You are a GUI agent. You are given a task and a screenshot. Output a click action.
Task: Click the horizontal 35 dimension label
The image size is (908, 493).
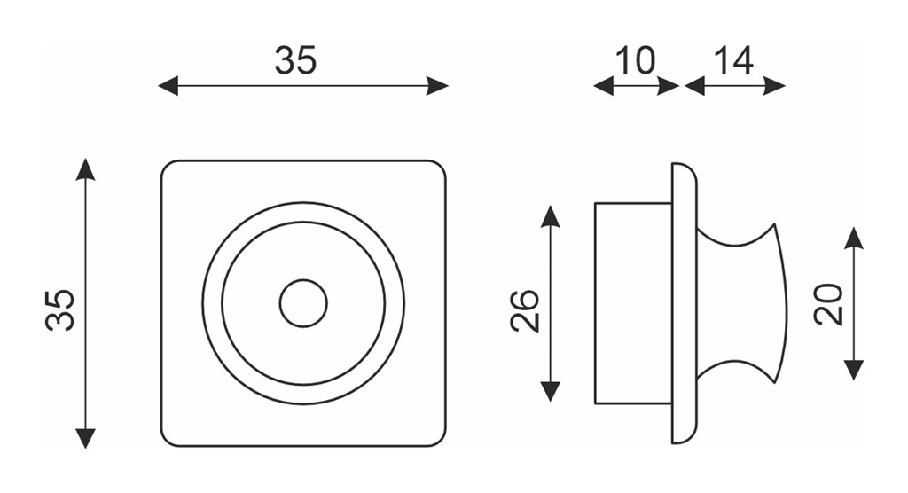tap(295, 60)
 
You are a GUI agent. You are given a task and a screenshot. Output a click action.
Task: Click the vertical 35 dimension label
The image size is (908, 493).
tap(60, 310)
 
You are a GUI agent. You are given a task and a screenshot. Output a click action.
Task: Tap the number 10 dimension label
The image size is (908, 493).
tap(635, 60)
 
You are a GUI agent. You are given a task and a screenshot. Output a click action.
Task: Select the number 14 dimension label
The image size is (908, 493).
tap(733, 60)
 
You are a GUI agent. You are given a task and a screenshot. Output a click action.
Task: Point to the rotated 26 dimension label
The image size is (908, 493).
tap(525, 310)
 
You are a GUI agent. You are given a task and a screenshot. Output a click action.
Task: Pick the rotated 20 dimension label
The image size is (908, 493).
tap(829, 304)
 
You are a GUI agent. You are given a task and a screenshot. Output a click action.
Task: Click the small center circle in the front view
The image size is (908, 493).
tap(303, 303)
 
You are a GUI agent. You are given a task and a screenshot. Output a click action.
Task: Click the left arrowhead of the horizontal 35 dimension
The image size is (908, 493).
tap(168, 86)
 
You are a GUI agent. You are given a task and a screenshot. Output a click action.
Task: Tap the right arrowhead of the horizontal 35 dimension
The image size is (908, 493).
tap(438, 86)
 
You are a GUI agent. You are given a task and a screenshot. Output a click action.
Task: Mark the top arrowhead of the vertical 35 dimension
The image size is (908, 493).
tap(85, 168)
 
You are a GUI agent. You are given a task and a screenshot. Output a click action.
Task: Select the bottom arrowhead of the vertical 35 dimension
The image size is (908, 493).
tap(85, 438)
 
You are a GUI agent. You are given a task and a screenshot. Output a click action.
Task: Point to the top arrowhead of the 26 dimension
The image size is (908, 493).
tap(550, 215)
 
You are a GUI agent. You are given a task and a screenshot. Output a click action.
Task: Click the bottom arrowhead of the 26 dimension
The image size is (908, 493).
tap(550, 392)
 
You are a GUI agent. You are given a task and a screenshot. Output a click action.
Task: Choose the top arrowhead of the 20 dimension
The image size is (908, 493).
tap(854, 238)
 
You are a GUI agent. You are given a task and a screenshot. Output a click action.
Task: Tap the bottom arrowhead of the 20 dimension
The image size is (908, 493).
tap(854, 370)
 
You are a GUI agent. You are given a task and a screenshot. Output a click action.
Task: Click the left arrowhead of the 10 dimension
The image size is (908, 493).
tap(603, 86)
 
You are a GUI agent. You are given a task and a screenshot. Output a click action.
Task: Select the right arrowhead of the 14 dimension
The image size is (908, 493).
tap(775, 86)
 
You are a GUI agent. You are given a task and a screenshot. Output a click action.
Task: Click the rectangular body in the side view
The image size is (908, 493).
tap(633, 303)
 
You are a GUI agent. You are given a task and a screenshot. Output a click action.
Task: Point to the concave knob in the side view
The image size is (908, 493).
tap(742, 303)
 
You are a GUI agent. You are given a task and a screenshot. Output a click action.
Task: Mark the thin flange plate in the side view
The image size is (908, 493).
tap(684, 303)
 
